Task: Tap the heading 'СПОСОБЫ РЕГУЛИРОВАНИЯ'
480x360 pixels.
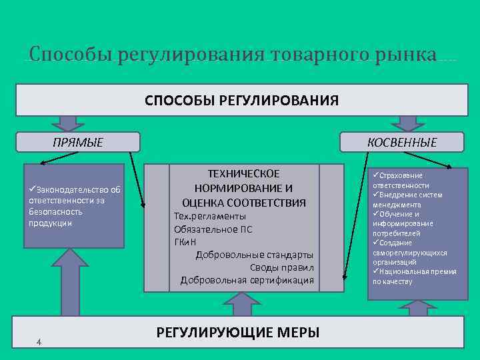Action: coord(241,101)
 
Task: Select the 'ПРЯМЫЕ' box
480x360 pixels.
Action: coord(78,142)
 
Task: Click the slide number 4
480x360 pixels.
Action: coord(39,342)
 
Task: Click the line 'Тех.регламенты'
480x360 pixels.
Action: coord(209,217)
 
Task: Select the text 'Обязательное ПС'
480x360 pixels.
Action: coord(213,229)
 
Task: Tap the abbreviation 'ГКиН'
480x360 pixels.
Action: coord(186,242)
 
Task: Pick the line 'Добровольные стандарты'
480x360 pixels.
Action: coord(254,255)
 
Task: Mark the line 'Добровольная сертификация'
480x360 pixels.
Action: coord(247,280)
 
